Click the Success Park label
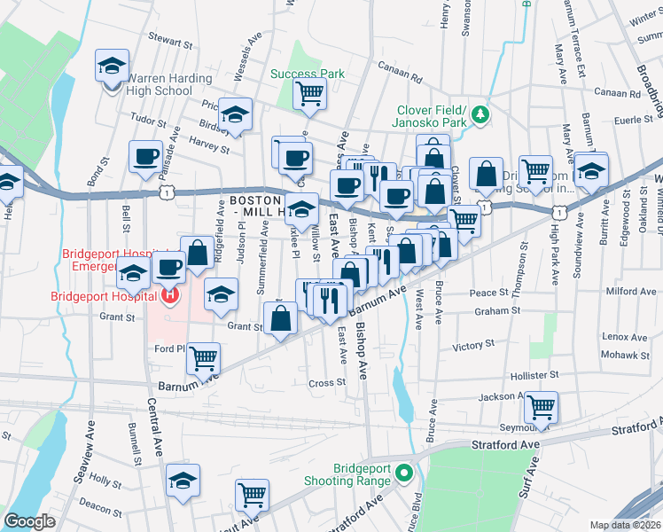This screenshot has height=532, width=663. point(307,74)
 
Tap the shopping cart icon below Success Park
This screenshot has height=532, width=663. point(309,92)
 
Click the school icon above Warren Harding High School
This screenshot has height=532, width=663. point(113,64)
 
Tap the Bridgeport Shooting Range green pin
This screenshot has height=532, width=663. point(405,472)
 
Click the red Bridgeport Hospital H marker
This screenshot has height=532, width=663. point(171,295)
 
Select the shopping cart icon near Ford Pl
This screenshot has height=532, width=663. point(204,357)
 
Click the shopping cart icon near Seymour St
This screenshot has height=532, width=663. point(540,407)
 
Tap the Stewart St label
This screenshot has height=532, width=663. point(170,42)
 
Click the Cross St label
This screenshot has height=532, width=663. point(326,383)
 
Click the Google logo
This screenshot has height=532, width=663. point(30,521)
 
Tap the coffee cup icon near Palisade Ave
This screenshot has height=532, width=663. point(144,157)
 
